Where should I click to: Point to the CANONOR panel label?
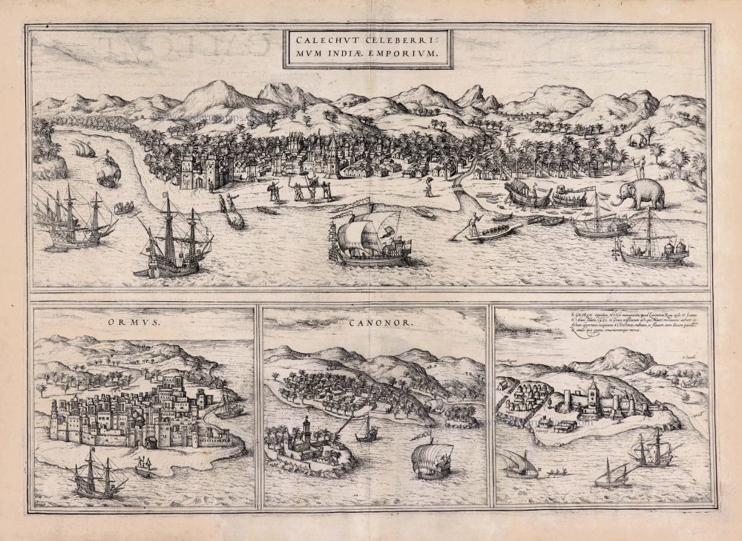click(x=372, y=324)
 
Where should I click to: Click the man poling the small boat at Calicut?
click(x=472, y=223)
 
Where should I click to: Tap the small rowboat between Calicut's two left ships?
click(x=125, y=209)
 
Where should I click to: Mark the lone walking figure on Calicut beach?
click(x=428, y=186)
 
